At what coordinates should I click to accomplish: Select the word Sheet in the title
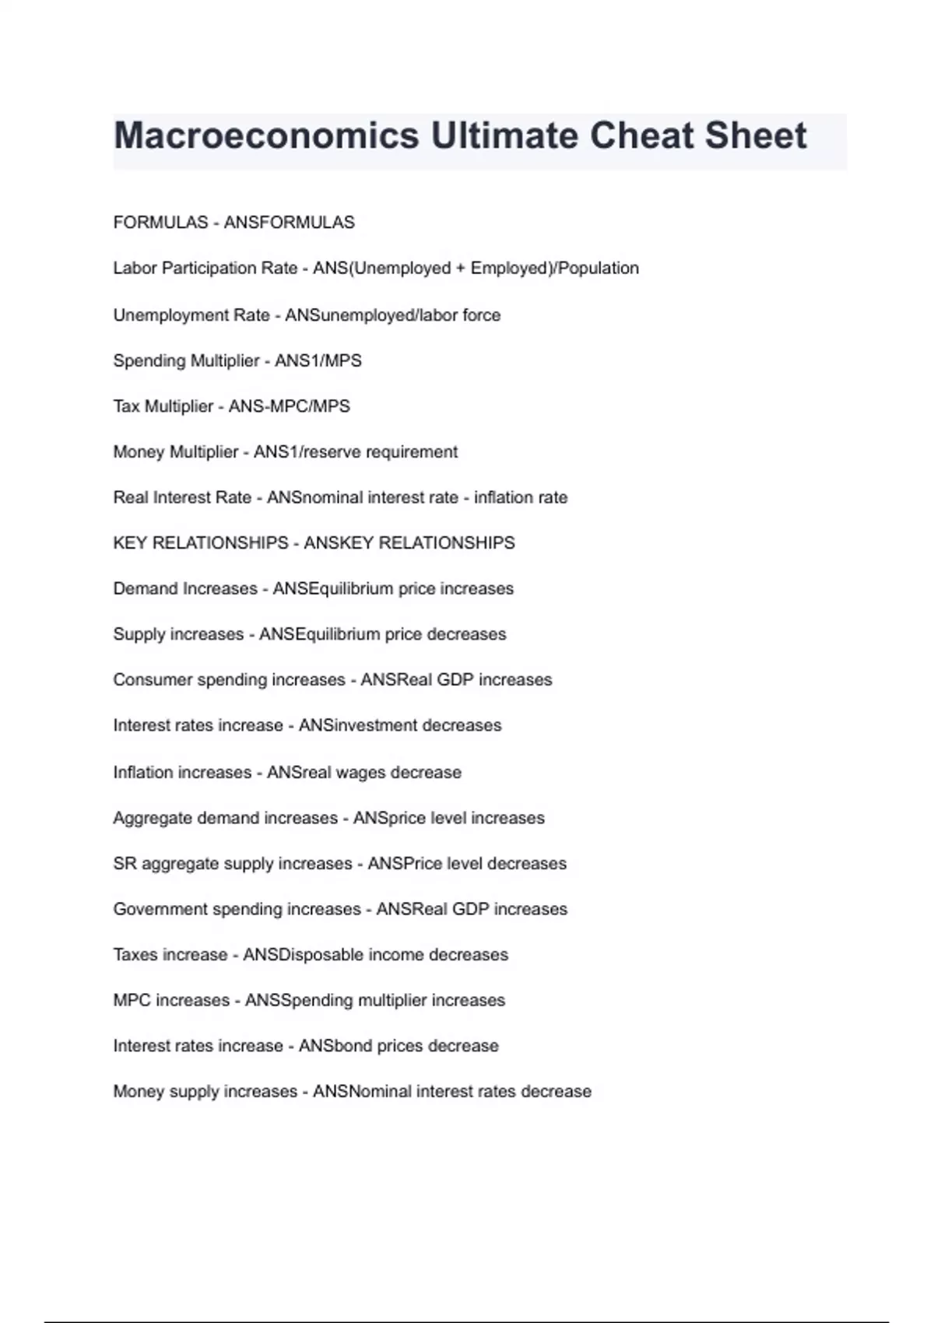756,136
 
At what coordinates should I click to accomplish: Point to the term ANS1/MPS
318,361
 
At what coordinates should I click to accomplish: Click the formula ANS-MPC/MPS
290,406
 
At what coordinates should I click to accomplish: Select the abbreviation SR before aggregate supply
125,864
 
